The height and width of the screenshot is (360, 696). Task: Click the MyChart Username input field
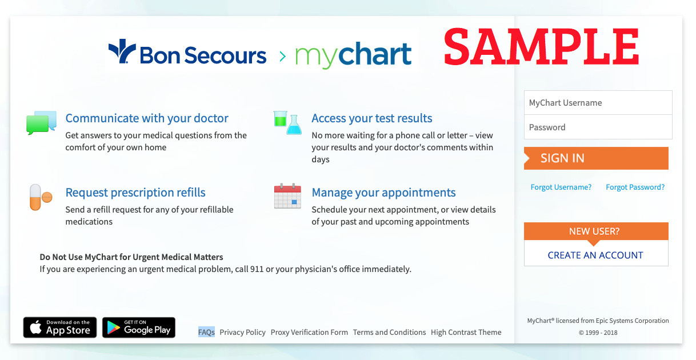[x=598, y=102]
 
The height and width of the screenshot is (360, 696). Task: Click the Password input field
[x=598, y=127]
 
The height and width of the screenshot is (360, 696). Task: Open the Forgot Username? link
[x=561, y=187]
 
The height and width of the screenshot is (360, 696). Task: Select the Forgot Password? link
[x=635, y=187]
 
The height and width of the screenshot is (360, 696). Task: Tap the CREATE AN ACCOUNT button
[x=595, y=255]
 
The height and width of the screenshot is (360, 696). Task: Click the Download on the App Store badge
[x=60, y=327]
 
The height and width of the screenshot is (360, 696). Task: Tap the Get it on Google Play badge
[x=139, y=327]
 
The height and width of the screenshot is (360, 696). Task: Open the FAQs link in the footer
[x=206, y=332]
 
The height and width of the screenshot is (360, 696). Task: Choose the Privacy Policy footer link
[x=242, y=332]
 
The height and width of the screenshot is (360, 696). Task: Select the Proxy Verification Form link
[x=309, y=332]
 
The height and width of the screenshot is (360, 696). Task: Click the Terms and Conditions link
[x=389, y=332]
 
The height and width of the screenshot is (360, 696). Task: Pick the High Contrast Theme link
[x=466, y=332]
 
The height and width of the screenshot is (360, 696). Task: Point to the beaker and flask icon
[x=287, y=123]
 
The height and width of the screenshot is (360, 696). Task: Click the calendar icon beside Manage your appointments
[x=287, y=196]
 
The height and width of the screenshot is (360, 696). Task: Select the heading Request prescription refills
[x=135, y=192]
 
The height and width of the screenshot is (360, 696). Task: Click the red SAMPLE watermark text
[x=541, y=47]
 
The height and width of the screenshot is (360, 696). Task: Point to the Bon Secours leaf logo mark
[x=122, y=51]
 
